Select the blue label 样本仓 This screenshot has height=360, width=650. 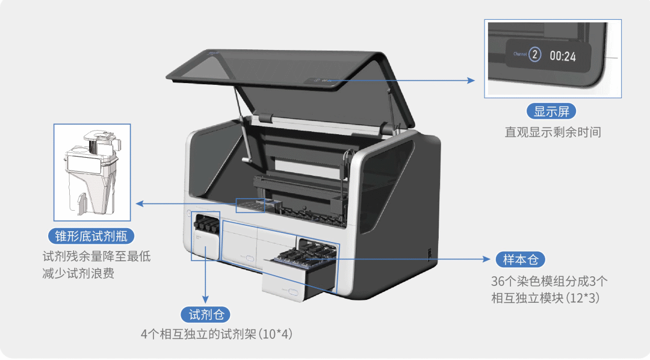coord(521,259)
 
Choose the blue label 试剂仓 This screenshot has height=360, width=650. coord(205,314)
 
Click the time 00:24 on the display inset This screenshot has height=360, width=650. coord(563,56)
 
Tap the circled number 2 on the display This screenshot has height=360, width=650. coord(535,54)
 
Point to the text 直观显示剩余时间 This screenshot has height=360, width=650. coord(552,132)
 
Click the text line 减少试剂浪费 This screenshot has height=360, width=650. coord(78,274)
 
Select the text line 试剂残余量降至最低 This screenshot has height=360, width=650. coord(96,256)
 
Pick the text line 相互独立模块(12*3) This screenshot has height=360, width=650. coord(545,297)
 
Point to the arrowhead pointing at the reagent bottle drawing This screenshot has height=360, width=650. coord(140,203)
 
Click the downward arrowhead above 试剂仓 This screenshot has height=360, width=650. coord(205,299)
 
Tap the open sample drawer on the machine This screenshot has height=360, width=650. coord(299,271)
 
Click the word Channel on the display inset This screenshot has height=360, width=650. coord(520,54)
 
